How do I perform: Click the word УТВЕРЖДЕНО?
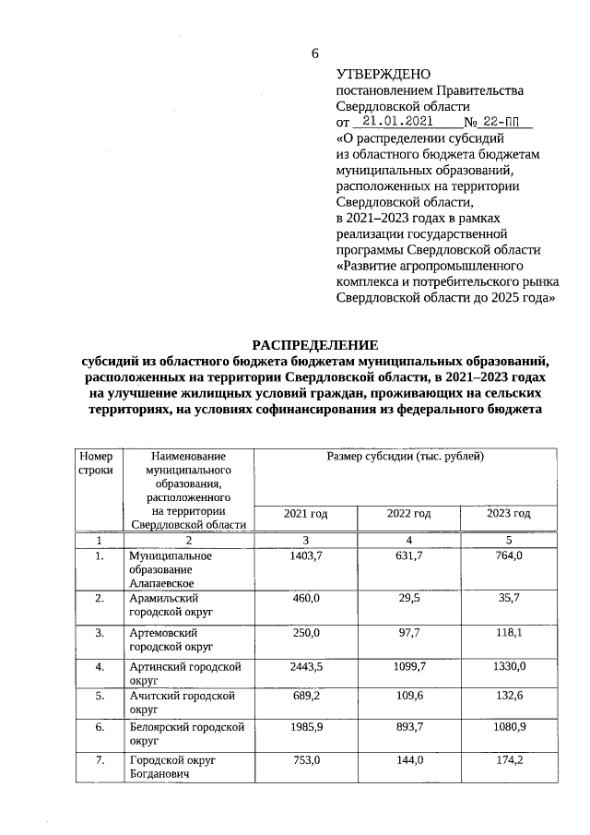[383, 73]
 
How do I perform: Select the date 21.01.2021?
[397, 121]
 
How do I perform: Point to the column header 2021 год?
[307, 513]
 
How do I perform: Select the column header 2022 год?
[408, 513]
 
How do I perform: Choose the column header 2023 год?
[508, 513]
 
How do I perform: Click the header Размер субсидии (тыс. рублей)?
[406, 457]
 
